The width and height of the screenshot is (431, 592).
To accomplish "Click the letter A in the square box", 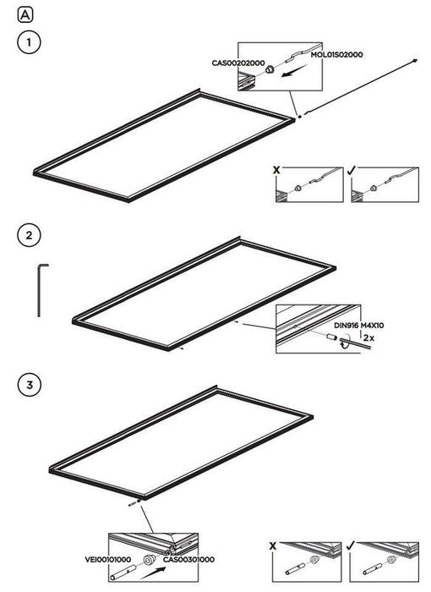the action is click(25, 15).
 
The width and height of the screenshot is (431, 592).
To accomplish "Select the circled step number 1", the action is click(29, 42).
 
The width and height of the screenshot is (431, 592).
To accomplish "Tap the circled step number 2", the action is click(29, 236).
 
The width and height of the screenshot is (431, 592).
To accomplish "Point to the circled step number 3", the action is click(30, 385).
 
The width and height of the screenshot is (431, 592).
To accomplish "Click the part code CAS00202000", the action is click(238, 63).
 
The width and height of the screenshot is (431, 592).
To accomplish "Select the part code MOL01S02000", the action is click(336, 55).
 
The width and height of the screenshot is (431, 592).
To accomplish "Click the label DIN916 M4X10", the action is click(359, 326).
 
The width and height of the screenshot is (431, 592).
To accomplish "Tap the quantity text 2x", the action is click(369, 338).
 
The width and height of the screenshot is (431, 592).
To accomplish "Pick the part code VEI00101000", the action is click(108, 559).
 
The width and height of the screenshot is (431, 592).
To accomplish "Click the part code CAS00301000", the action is click(188, 559).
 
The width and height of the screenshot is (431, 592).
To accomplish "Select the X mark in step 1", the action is click(277, 170).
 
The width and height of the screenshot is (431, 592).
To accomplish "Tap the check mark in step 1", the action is click(351, 170).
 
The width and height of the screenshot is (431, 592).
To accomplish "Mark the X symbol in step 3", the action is click(273, 546).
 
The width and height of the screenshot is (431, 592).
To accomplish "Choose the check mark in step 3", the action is click(351, 545).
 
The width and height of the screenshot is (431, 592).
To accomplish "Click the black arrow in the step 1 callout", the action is click(294, 71).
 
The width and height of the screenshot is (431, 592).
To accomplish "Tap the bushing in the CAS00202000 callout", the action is click(270, 69).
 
